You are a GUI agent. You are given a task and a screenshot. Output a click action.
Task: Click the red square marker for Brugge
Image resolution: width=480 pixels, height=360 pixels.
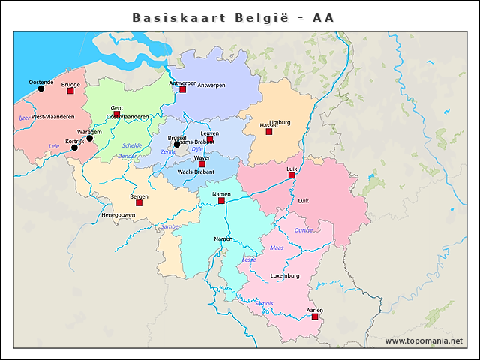70,91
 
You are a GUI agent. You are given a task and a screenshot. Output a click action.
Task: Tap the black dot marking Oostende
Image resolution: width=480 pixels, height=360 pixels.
41,88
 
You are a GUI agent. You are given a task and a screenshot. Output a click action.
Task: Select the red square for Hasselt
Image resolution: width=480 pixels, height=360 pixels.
269,132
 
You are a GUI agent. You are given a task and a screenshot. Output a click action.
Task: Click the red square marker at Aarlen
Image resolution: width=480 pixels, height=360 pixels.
315,316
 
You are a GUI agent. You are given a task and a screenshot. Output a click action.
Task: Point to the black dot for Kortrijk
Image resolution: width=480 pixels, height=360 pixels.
74,148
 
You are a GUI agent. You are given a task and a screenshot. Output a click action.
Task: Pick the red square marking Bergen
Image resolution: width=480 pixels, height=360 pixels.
139,203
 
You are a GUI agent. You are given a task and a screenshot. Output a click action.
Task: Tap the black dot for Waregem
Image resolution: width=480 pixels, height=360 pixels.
89,138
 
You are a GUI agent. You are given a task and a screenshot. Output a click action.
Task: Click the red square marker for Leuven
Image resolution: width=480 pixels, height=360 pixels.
211,139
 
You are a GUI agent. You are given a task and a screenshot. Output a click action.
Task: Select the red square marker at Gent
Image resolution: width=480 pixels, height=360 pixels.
116,114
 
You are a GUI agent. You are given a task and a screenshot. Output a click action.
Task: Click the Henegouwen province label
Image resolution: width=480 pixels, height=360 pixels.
118,215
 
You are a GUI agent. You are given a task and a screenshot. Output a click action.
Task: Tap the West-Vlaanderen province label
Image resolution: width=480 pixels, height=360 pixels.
52,117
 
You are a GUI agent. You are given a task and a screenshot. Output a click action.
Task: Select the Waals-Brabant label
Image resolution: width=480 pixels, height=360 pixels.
196,172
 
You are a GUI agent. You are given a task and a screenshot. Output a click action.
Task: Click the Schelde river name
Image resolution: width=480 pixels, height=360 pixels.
131,145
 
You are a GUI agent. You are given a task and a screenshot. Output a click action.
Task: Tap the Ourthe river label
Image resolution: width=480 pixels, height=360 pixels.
304,230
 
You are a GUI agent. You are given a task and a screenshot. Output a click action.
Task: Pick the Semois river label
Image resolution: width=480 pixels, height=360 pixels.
264,303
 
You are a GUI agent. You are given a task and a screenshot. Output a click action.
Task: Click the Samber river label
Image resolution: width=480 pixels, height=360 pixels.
171,226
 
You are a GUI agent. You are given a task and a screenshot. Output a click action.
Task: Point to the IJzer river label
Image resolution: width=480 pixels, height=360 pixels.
24,118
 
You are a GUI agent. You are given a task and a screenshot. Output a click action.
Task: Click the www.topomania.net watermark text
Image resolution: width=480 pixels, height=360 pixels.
424,341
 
